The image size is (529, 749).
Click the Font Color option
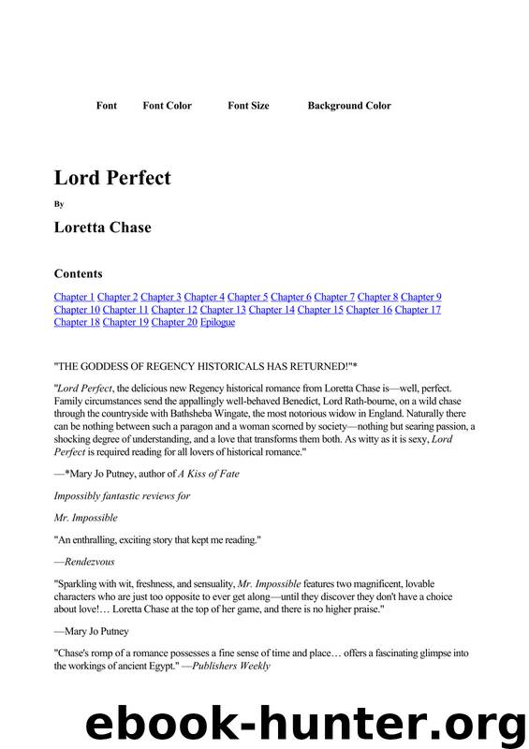tap(167, 106)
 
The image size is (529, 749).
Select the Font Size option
tap(248, 106)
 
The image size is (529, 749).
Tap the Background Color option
tap(349, 106)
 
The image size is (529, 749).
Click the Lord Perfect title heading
tap(112, 177)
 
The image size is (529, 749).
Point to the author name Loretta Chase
tap(102, 228)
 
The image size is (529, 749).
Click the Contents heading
tap(79, 273)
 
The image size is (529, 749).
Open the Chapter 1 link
tap(74, 297)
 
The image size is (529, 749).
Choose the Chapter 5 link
tap(247, 297)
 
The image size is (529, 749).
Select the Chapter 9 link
tap(420, 297)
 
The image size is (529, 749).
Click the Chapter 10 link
tap(77, 309)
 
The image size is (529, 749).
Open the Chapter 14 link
tap(272, 309)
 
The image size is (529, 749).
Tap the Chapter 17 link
tap(418, 309)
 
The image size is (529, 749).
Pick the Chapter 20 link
tap(174, 322)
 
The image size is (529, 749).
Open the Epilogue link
tap(217, 322)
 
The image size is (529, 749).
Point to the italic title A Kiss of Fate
tap(205, 474)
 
